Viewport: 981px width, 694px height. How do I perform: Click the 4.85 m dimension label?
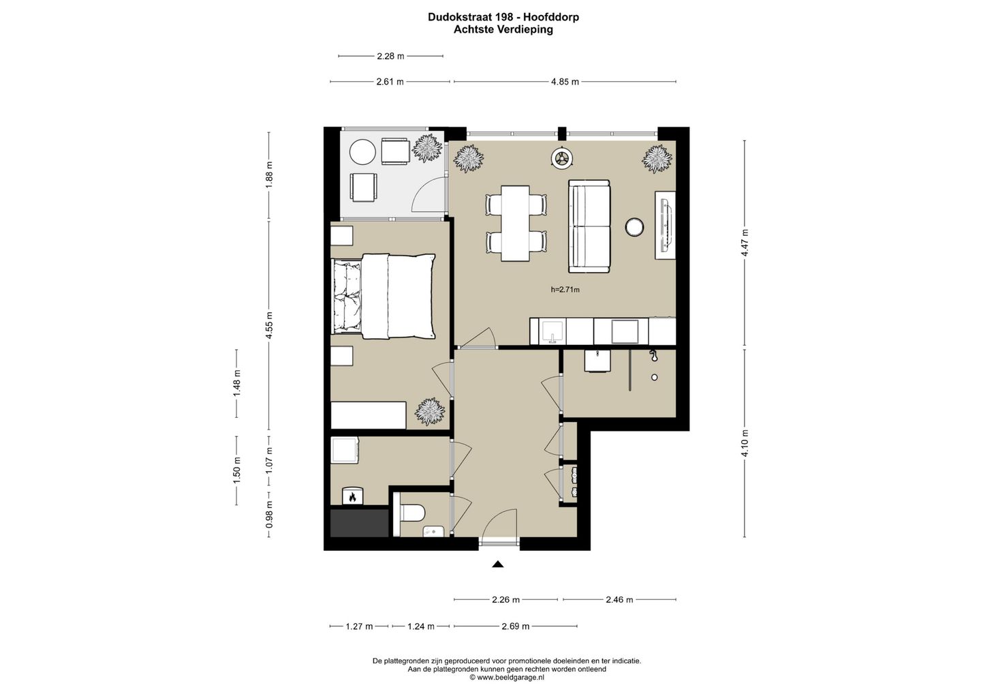pos(565,82)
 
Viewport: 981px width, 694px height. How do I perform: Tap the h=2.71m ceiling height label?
pos(565,290)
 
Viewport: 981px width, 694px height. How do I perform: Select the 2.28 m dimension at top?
pos(390,56)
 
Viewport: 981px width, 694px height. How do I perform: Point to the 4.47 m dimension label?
pos(745,243)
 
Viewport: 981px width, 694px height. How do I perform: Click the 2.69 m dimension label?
pos(516,626)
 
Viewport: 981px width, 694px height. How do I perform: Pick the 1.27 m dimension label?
pos(359,626)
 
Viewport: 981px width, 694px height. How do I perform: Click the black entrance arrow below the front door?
pos(497,564)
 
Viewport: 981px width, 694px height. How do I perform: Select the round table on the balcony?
pos(362,152)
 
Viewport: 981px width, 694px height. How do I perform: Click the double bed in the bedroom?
pos(383,296)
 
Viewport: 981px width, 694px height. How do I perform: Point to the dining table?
pos(515,224)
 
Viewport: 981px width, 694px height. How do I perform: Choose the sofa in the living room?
pos(589,226)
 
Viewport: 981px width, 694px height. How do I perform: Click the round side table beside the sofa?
pos(634,227)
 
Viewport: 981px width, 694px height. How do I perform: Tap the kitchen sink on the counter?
pos(553,331)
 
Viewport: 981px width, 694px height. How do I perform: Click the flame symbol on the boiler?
pos(352,497)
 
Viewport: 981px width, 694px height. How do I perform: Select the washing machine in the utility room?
pos(345,450)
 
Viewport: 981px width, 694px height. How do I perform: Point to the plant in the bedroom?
pos(430,411)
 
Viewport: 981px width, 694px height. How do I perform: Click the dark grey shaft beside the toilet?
pos(359,523)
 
